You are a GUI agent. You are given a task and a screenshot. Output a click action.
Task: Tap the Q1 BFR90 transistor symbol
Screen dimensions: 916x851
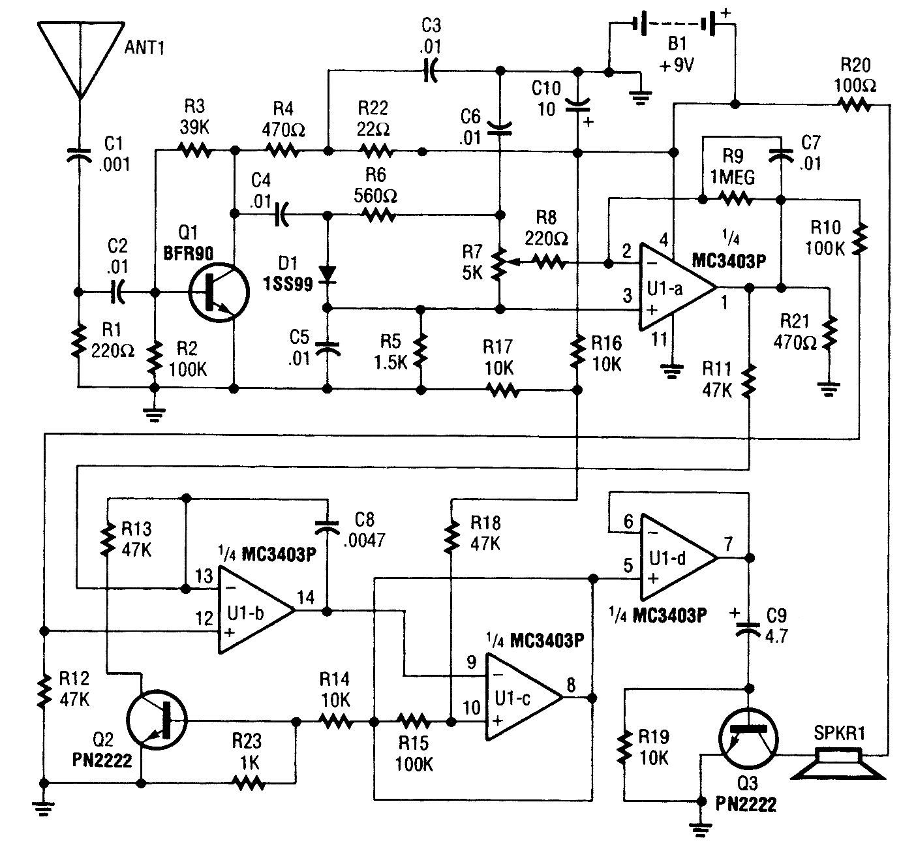pyautogui.click(x=219, y=292)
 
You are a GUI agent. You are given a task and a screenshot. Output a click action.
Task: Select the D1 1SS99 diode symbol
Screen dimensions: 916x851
pyautogui.click(x=328, y=275)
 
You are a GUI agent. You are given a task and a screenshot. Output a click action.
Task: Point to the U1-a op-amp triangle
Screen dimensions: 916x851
pyautogui.click(x=677, y=287)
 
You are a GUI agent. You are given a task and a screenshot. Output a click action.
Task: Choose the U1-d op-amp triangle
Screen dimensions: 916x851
pyautogui.click(x=679, y=557)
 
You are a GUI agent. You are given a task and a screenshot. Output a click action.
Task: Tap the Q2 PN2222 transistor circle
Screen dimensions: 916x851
pyautogui.click(x=157, y=720)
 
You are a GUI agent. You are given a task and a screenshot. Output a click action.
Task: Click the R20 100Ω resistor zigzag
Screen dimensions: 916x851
pyautogui.click(x=855, y=105)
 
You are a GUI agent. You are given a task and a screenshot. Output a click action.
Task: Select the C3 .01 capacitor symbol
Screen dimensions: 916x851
pyautogui.click(x=431, y=71)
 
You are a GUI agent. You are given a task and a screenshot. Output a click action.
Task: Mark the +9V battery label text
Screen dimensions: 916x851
pyautogui.click(x=677, y=65)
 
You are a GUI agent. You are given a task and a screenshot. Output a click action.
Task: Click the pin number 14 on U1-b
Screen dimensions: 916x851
pyautogui.click(x=305, y=598)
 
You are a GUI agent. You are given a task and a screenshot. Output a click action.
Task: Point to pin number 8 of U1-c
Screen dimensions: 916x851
pyautogui.click(x=571, y=685)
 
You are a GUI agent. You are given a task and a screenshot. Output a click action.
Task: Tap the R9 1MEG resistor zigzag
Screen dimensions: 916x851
pyautogui.click(x=736, y=199)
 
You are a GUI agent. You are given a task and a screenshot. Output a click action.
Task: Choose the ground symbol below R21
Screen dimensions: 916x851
pyautogui.click(x=829, y=390)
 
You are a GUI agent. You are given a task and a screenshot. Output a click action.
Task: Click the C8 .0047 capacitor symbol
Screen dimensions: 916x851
pyautogui.click(x=327, y=527)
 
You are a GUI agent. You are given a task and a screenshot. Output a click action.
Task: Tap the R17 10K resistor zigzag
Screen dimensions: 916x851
pyautogui.click(x=503, y=390)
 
